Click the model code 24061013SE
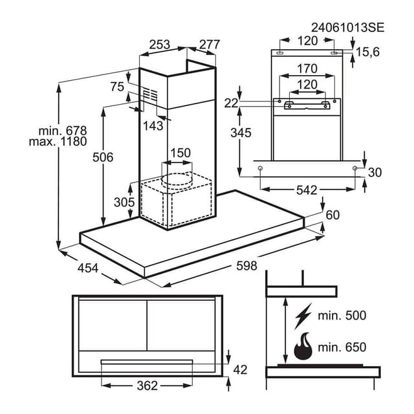[347, 27]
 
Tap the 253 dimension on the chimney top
[159, 45]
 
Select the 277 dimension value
[209, 45]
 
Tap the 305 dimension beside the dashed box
[124, 202]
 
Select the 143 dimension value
[153, 126]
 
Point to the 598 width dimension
[246, 265]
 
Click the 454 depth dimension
[87, 267]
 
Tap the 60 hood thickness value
[332, 215]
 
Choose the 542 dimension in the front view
[307, 190]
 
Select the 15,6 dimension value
[366, 52]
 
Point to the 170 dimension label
[307, 69]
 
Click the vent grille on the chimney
[151, 96]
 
